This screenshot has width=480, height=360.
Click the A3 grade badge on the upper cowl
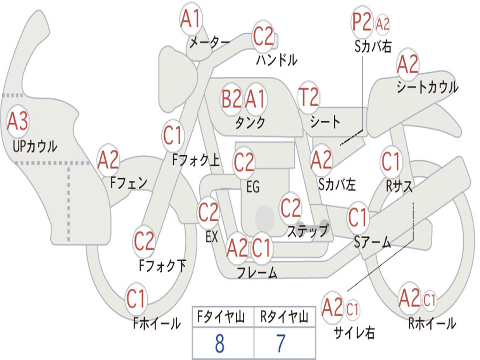tap(18, 121)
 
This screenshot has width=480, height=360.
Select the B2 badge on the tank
tap(231, 99)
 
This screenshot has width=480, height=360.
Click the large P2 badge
tap(361, 22)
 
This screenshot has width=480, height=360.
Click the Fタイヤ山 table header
tap(221, 317)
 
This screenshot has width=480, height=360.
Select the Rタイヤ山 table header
tap(284, 317)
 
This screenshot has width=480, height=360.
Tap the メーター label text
tap(210, 42)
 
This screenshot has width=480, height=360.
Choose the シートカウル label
tap(427, 87)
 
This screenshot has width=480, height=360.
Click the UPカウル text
tap(35, 146)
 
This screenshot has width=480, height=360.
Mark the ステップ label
tap(307, 231)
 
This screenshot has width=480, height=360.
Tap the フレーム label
tap(257, 272)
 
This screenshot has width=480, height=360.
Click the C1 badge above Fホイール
tap(135, 299)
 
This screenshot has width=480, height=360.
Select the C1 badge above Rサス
tap(391, 161)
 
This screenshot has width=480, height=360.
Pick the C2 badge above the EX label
tap(208, 212)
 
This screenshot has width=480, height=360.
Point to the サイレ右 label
tap(354, 332)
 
